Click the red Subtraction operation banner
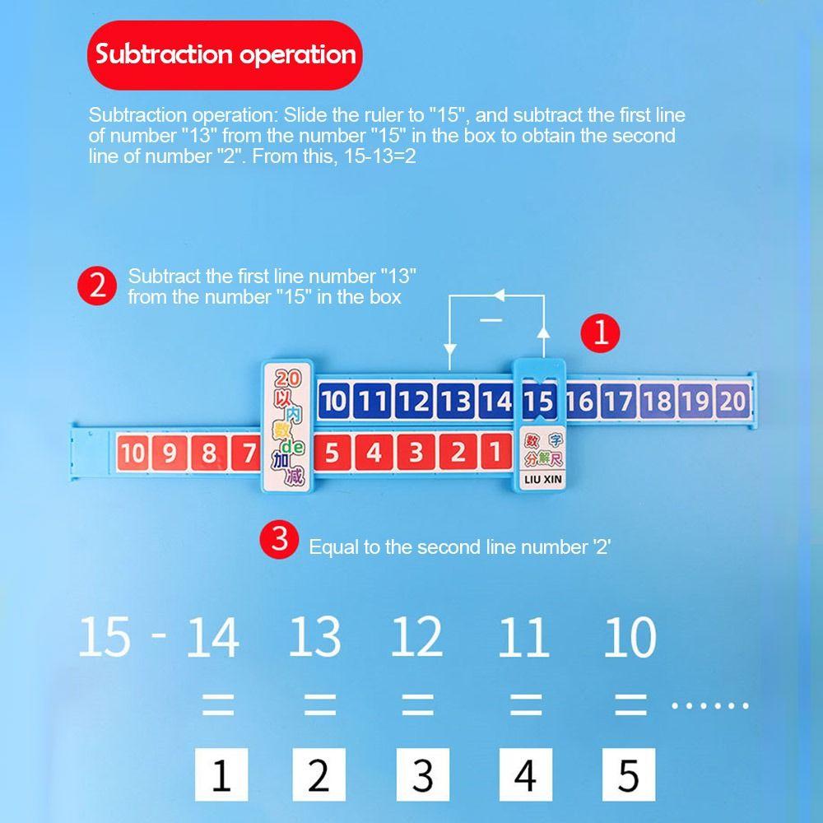(225, 55)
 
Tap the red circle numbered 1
(601, 332)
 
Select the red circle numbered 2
(97, 286)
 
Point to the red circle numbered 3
(280, 541)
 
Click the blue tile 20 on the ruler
(732, 401)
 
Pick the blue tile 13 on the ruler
(455, 401)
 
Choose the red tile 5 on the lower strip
(332, 453)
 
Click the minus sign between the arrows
(492, 319)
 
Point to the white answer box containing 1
(221, 774)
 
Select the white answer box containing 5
(628, 774)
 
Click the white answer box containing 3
(422, 774)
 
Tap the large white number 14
(212, 638)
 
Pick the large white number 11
(523, 638)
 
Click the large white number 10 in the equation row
(630, 638)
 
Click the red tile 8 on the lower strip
(209, 453)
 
